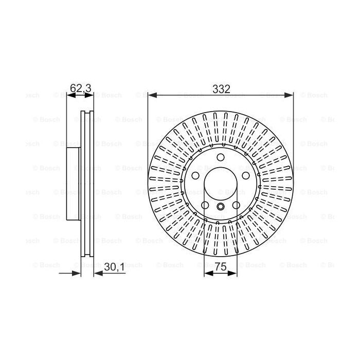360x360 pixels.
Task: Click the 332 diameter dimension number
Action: click(x=221, y=89)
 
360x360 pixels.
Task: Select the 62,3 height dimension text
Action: click(x=81, y=88)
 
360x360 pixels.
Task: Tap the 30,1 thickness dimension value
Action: click(x=114, y=267)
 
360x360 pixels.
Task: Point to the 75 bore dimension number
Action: click(x=221, y=267)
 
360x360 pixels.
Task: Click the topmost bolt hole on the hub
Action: click(x=221, y=157)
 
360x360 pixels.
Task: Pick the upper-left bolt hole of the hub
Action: click(x=195, y=176)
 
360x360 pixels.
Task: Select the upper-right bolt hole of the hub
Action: click(x=246, y=176)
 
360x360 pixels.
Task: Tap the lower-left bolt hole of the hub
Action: click(x=205, y=205)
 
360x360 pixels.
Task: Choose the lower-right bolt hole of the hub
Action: click(x=236, y=205)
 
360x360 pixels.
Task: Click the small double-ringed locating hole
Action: click(x=221, y=206)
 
